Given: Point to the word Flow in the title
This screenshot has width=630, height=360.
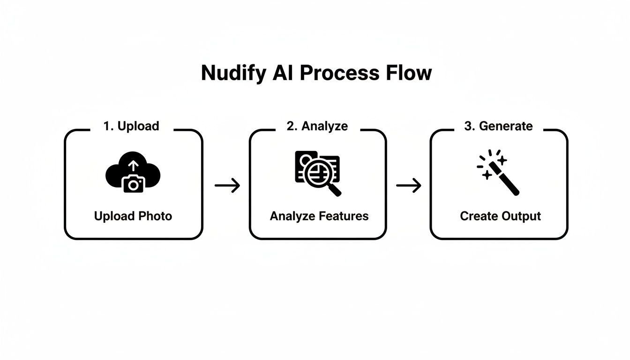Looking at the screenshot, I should [408, 73].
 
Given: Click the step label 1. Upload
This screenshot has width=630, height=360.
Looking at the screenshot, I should [131, 126].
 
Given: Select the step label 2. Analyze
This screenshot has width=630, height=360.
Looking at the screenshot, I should [317, 126].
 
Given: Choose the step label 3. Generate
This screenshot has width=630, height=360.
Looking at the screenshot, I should [498, 126].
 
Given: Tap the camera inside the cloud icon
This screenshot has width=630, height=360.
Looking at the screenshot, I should [134, 184].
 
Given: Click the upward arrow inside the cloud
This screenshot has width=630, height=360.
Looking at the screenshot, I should [134, 165].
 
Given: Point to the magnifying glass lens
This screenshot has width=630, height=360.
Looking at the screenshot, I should [316, 173].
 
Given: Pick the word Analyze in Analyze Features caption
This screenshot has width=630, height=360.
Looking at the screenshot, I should [292, 216].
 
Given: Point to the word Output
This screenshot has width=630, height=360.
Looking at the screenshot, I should [521, 216].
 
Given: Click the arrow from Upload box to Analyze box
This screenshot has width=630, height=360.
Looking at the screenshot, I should [227, 186].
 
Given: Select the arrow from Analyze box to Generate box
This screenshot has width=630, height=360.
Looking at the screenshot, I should [409, 186].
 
